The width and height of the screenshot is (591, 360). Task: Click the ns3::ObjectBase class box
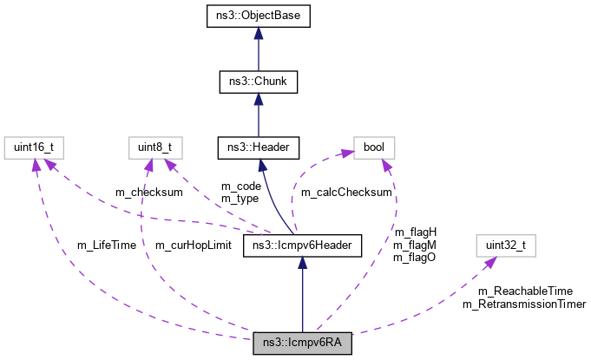258,16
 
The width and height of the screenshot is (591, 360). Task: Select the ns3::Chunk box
258,82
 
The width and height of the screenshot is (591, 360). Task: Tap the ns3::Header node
258,147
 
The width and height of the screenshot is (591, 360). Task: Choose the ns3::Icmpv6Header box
301,246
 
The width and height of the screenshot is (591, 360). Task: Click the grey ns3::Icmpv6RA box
302,344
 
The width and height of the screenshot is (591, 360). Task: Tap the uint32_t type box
505,246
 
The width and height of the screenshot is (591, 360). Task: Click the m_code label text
240,186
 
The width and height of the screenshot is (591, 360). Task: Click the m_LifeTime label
107,245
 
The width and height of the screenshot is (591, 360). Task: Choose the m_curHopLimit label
193,245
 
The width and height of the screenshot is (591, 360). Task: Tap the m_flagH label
415,232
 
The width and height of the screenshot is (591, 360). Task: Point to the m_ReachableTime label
525,291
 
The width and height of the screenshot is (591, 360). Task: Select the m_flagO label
415,257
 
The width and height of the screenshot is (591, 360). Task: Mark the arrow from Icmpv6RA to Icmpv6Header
301,295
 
